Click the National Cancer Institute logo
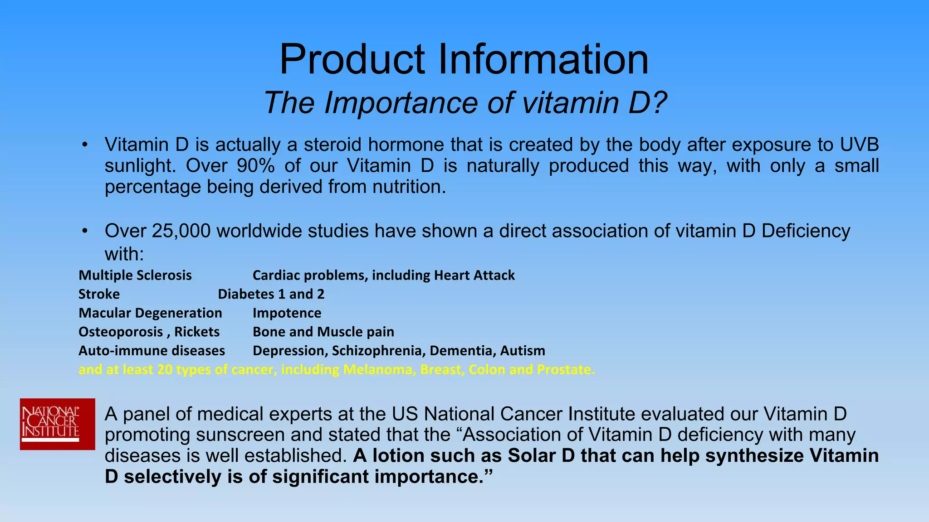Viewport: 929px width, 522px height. click(x=57, y=424)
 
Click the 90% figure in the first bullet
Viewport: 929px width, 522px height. click(x=256, y=166)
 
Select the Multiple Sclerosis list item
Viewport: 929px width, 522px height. click(x=135, y=275)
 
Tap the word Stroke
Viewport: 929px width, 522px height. click(x=99, y=295)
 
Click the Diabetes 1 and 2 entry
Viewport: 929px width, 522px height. click(x=271, y=295)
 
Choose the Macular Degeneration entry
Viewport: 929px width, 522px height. click(x=150, y=313)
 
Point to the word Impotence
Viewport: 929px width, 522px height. click(x=287, y=313)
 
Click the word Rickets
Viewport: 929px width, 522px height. click(x=197, y=332)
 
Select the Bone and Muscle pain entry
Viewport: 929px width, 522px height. click(x=323, y=332)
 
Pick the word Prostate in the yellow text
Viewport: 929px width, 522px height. click(x=565, y=370)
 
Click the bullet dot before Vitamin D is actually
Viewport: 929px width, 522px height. click(x=84, y=145)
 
